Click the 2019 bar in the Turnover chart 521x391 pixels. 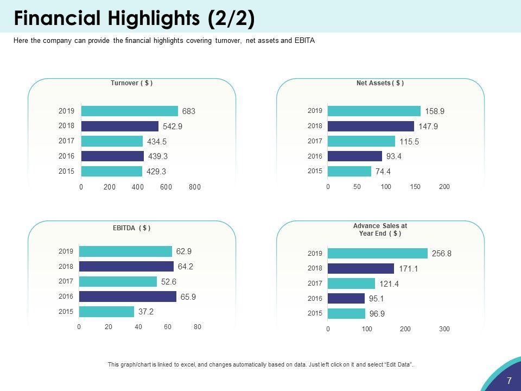[x=130, y=111]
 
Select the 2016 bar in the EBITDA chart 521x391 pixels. [x=128, y=297]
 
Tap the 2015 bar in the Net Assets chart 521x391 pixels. [x=350, y=172]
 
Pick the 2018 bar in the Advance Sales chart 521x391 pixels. [x=361, y=268]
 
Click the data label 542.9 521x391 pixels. [x=171, y=127]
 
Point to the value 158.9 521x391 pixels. [x=435, y=111]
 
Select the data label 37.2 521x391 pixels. [x=145, y=312]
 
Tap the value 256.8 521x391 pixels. [x=441, y=254]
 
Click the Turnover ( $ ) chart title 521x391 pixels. [x=131, y=83]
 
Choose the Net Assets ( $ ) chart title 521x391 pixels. [x=380, y=83]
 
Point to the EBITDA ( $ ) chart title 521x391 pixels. [x=131, y=228]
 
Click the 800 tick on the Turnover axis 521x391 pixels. [x=195, y=187]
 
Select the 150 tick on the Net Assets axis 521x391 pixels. [x=415, y=187]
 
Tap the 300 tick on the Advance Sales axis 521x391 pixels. [x=444, y=329]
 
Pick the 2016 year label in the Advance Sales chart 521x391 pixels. [x=315, y=299]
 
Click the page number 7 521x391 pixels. [x=509, y=381]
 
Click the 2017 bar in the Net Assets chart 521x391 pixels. [x=361, y=141]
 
